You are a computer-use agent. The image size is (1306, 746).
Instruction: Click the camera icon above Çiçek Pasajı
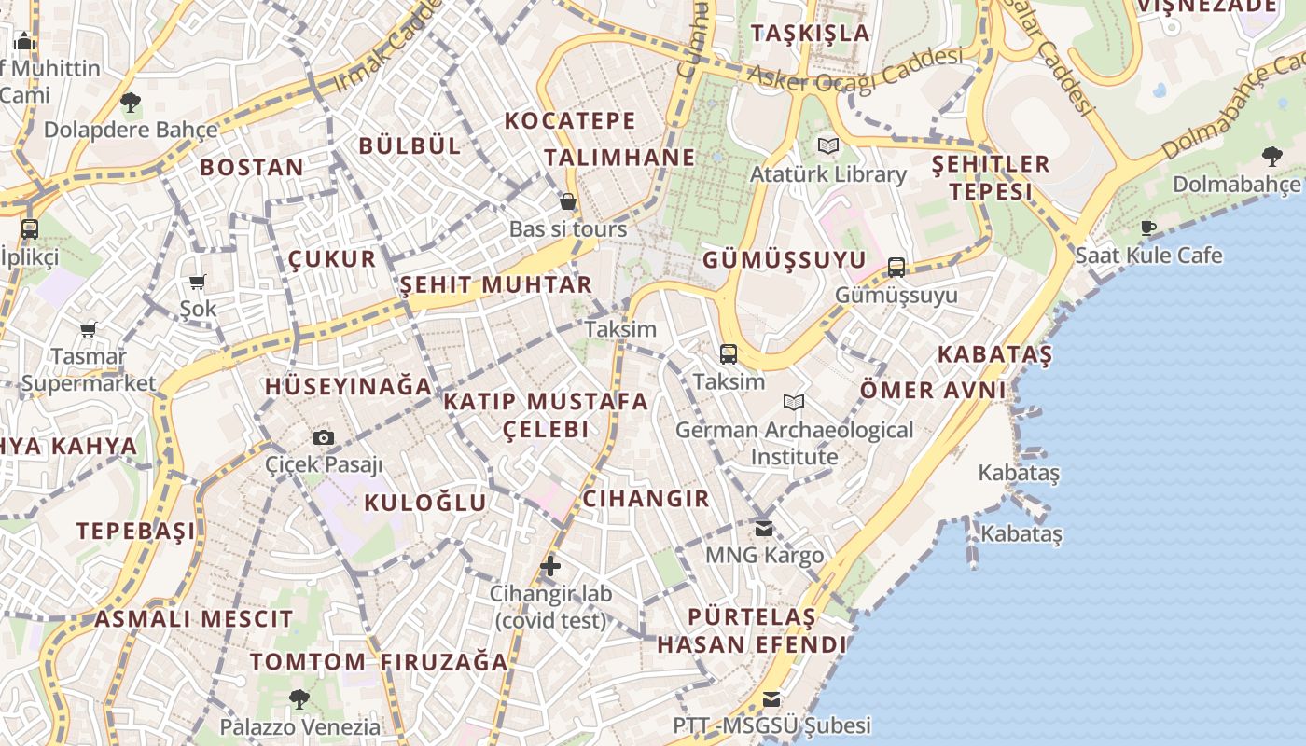pyautogui.click(x=324, y=437)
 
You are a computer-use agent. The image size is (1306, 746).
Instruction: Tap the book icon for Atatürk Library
pyautogui.click(x=827, y=145)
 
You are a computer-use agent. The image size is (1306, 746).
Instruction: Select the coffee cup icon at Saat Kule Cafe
pyautogui.click(x=1148, y=227)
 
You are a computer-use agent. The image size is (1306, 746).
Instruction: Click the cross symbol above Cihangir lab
pyautogui.click(x=550, y=565)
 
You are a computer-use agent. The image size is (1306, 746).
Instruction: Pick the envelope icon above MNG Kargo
pyautogui.click(x=764, y=529)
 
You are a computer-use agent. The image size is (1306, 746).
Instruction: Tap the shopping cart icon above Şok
pyautogui.click(x=197, y=282)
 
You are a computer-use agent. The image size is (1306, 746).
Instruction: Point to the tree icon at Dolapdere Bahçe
pyautogui.click(x=131, y=102)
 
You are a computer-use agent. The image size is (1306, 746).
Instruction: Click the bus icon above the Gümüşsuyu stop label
pyautogui.click(x=896, y=268)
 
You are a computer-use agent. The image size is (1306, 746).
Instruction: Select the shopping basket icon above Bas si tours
pyautogui.click(x=567, y=201)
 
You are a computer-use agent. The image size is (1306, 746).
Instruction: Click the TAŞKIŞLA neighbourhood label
pyautogui.click(x=810, y=34)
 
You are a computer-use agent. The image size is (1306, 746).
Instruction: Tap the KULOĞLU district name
pyautogui.click(x=424, y=503)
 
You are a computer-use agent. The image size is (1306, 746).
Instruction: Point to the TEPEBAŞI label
pyautogui.click(x=136, y=531)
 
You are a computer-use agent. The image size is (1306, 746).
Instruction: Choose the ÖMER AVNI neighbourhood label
pyautogui.click(x=933, y=390)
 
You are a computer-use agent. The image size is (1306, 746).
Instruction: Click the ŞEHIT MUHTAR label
pyautogui.click(x=496, y=284)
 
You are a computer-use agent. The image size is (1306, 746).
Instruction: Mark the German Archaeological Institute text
pyautogui.click(x=794, y=443)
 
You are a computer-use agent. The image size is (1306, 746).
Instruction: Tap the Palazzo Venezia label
pyautogui.click(x=300, y=726)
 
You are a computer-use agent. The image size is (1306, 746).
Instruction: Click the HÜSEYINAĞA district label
pyautogui.click(x=348, y=386)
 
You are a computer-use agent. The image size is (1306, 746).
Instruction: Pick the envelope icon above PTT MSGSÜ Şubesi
pyautogui.click(x=771, y=698)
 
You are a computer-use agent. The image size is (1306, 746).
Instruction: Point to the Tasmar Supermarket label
pyautogui.click(x=89, y=369)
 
